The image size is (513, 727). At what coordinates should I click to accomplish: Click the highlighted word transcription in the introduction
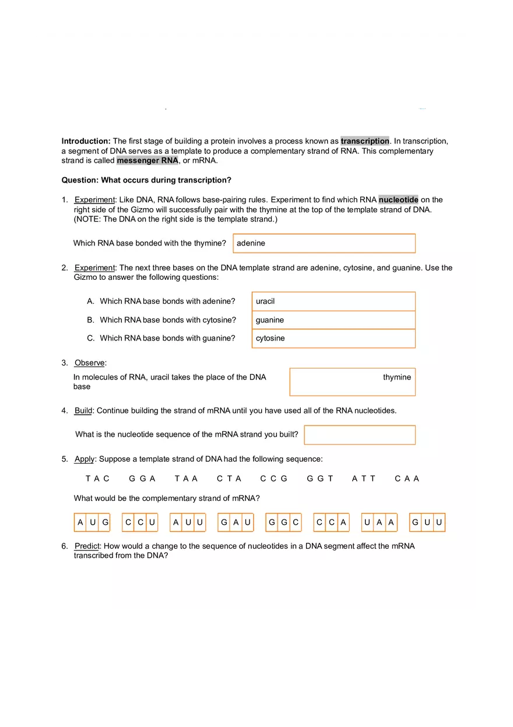[x=365, y=141]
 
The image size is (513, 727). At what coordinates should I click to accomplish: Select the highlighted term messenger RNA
[x=147, y=161]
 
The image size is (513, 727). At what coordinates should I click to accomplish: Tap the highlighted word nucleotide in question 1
[x=398, y=200]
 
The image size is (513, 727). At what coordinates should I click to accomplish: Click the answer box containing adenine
[x=324, y=243]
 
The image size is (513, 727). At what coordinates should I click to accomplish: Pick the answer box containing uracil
[x=333, y=301]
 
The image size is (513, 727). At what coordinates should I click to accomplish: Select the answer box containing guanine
[x=333, y=320]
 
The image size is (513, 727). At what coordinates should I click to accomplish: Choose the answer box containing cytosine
[x=333, y=338]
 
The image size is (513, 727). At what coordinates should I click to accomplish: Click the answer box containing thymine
[x=352, y=382]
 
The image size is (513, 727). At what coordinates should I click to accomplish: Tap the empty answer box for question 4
[x=360, y=435]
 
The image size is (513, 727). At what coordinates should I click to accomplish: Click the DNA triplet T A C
[x=97, y=479]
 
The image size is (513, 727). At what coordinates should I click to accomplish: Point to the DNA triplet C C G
[x=274, y=479]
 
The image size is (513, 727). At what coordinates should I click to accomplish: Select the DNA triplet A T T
[x=364, y=479]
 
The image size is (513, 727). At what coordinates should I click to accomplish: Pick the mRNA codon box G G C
[x=284, y=522]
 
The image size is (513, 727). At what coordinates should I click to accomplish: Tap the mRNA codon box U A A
[x=380, y=522]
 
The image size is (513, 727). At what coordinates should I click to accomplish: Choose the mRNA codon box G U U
[x=427, y=522]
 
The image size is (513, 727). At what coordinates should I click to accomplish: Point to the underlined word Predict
[x=87, y=546]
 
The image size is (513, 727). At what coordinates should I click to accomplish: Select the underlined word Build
[x=83, y=410]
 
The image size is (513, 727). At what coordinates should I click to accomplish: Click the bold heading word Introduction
[x=86, y=141]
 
